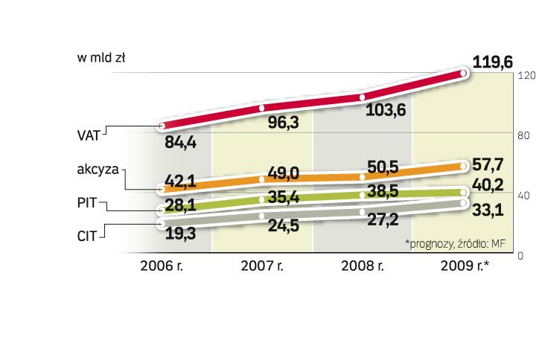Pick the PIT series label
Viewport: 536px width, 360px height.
point(89,201)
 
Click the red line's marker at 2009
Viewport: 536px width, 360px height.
point(463,73)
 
